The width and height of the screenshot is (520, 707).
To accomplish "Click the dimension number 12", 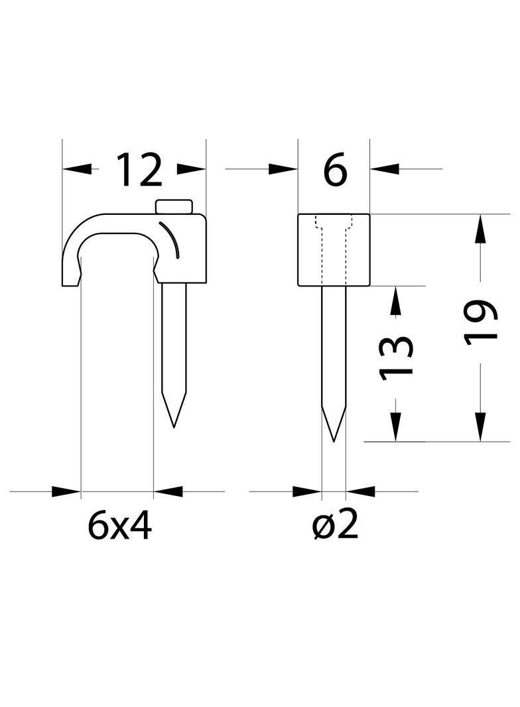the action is click(x=139, y=170).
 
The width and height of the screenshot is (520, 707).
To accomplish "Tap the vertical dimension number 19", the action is click(x=481, y=322).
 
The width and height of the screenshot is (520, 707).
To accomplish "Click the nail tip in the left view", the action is click(x=174, y=426).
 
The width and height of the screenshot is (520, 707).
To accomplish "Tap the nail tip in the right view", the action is click(x=334, y=440).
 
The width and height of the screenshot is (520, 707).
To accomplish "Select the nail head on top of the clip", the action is click(x=174, y=206).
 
